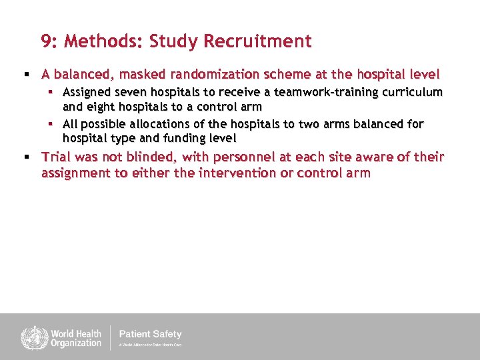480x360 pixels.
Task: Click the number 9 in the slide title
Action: pyautogui.click(x=46, y=42)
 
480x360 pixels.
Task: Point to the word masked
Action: pyautogui.click(x=145, y=74)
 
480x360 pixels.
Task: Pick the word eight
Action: pyautogui.click(x=96, y=107)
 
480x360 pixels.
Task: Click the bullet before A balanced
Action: pyautogui.click(x=27, y=74)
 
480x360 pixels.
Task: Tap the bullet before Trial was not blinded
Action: pyautogui.click(x=27, y=157)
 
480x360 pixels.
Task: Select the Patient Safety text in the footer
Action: pyautogui.click(x=150, y=334)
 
